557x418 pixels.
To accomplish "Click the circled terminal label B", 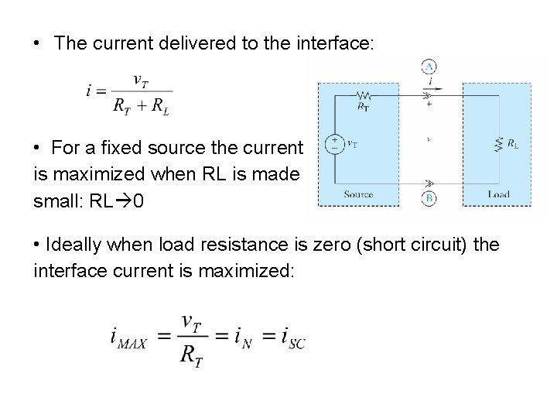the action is (430, 198).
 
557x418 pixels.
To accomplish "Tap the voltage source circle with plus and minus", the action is (333, 144).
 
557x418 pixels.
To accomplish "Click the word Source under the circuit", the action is (358, 195).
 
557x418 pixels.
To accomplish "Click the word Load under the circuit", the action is (498, 194).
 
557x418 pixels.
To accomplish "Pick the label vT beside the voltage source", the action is (351, 142).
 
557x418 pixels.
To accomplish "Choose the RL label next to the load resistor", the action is (513, 142).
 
